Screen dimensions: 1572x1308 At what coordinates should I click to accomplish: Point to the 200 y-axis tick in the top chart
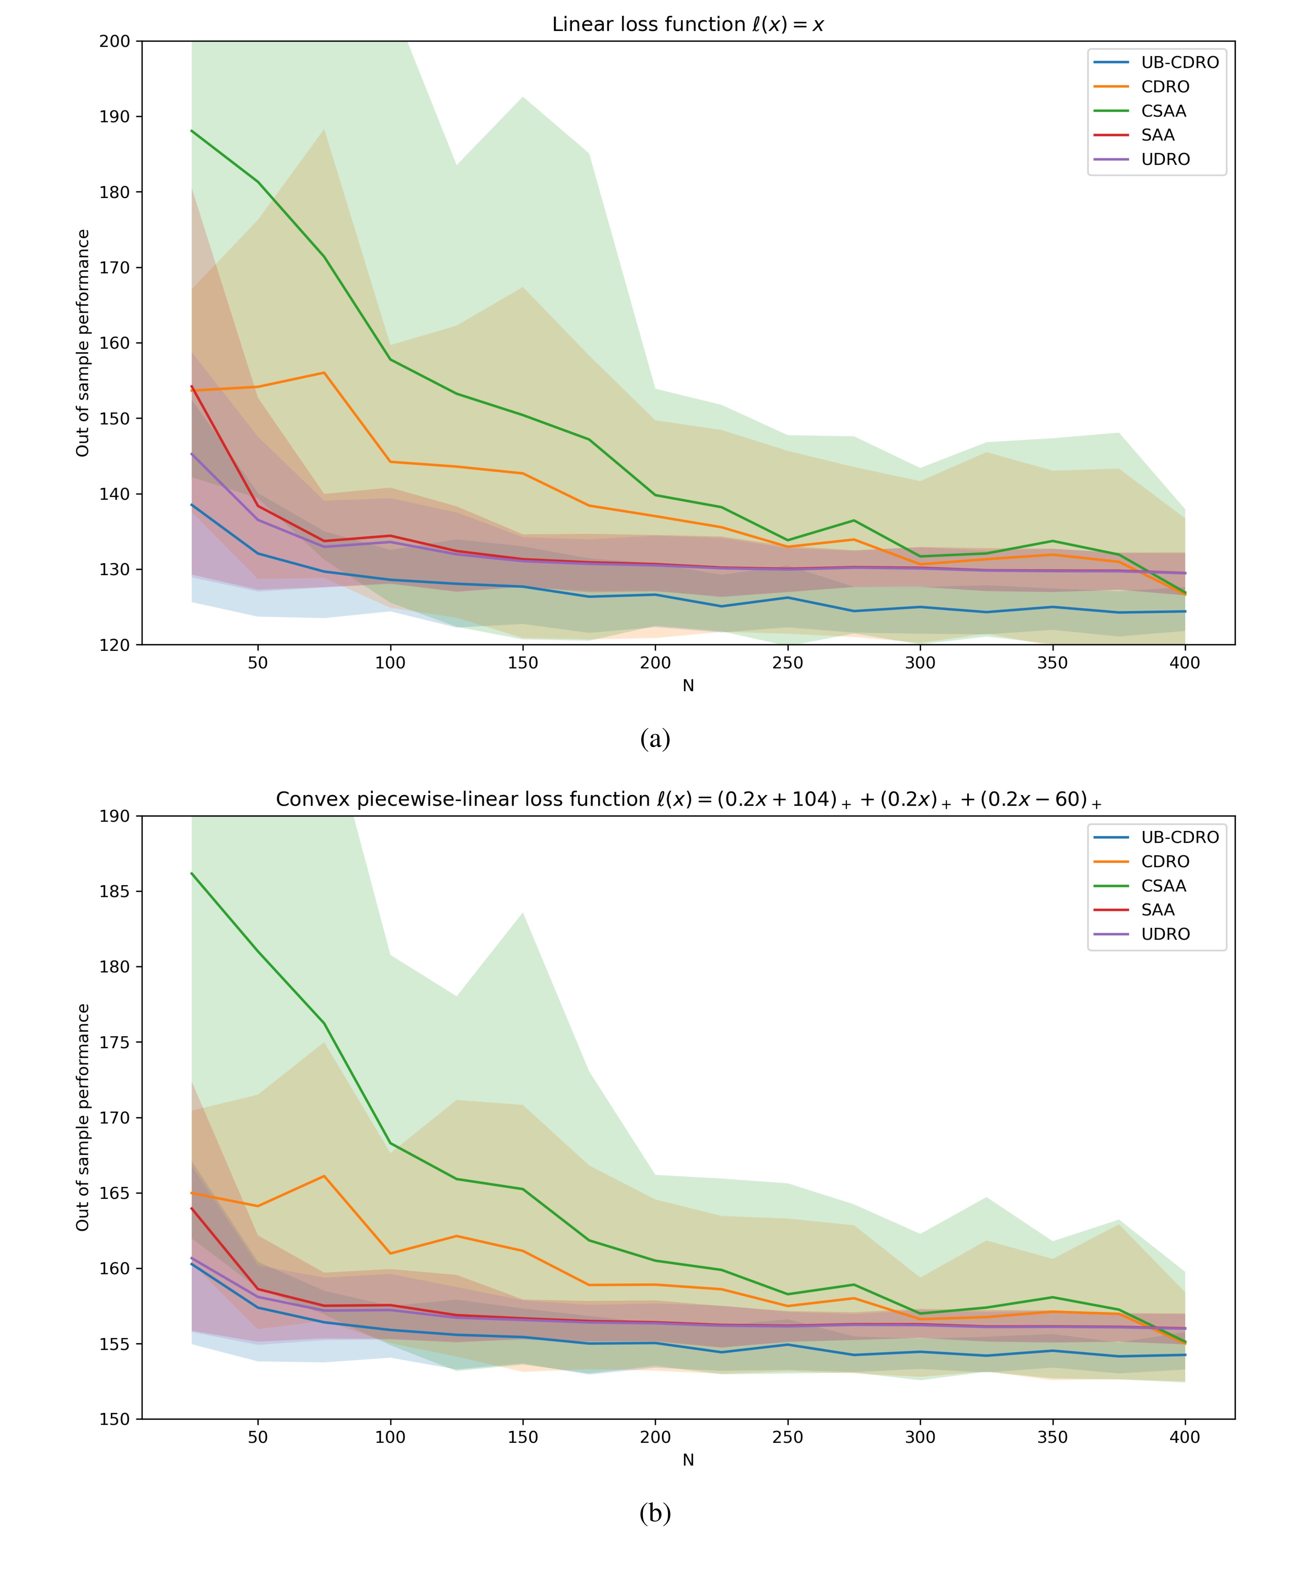(114, 41)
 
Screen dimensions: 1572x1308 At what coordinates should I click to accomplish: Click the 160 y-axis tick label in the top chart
(114, 343)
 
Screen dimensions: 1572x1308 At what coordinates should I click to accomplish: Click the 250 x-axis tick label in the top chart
(788, 662)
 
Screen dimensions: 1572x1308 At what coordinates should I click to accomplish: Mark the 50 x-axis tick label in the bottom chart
(258, 1437)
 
